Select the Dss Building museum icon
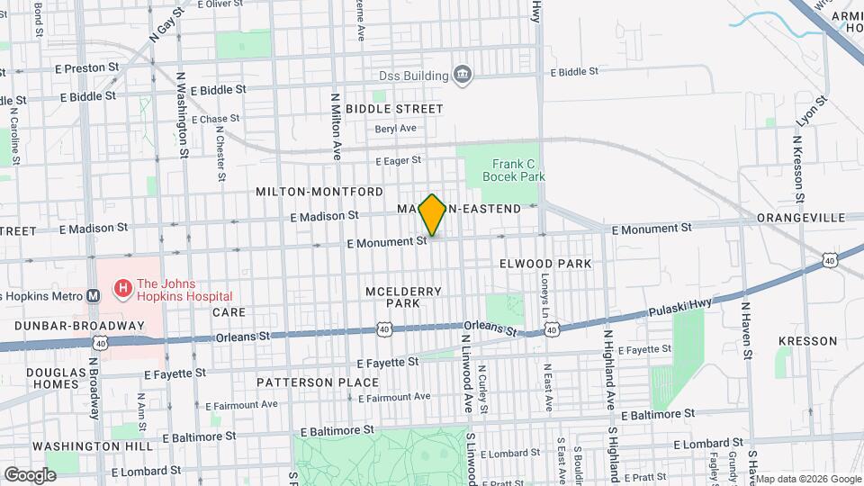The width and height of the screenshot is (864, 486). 463,73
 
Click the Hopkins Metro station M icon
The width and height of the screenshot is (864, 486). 93,295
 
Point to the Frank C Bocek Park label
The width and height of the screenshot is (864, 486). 513,170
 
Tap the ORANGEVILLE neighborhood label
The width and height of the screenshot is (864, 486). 800,218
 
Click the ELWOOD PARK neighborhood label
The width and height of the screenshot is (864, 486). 545,264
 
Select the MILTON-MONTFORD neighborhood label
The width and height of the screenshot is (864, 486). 319,192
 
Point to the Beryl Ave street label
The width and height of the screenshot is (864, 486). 396,128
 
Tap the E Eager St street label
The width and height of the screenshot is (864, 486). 399,160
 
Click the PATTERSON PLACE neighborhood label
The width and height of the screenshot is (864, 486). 305,382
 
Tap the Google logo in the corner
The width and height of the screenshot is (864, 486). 30,474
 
